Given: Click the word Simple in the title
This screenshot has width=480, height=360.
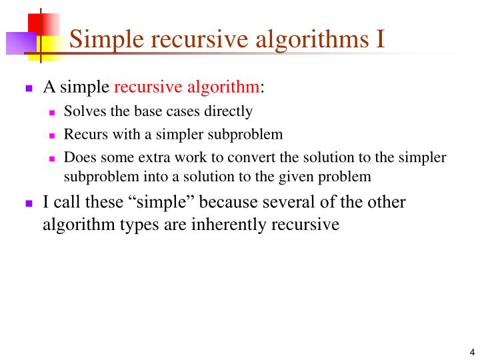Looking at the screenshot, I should point(107,39).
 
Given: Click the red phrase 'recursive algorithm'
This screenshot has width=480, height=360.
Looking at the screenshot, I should point(187,87).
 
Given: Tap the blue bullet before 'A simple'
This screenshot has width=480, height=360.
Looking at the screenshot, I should point(29,88).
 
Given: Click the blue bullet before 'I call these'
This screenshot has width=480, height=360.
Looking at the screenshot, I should point(29,203).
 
